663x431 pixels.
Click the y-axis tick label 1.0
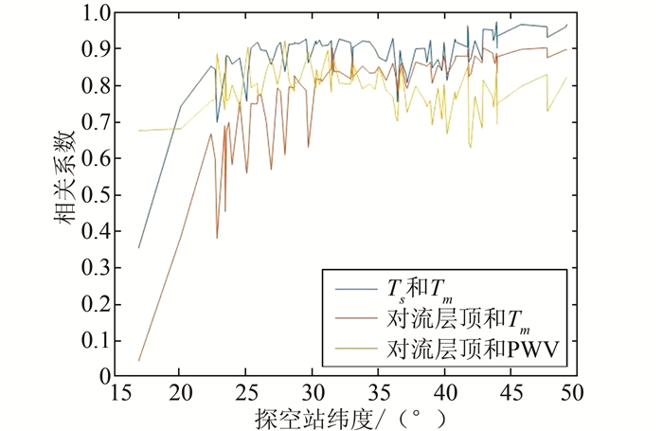coord(97,13)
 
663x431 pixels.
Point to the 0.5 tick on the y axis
coord(97,195)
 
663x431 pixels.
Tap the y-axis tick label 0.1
coord(97,340)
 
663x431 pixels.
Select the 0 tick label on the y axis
coord(104,376)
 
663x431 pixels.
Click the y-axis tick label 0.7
coord(97,122)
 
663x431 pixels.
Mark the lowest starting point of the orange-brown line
coord(139,360)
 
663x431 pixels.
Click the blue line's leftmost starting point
coord(139,248)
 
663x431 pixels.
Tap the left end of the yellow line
coord(139,131)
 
